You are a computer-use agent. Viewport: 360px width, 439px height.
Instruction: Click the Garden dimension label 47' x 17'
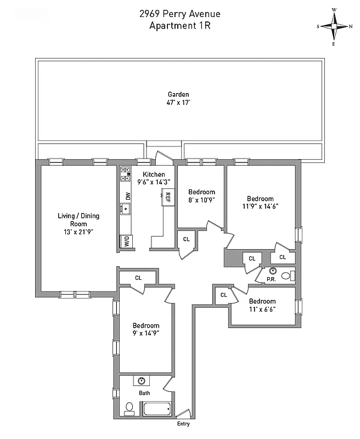click(x=178, y=102)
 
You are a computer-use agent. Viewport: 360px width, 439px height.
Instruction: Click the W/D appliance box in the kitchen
click(x=126, y=241)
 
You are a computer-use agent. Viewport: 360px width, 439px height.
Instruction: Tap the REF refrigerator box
click(x=167, y=196)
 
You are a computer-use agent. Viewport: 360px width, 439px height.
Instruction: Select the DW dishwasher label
click(x=127, y=195)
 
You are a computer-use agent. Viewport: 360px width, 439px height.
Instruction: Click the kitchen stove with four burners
click(x=125, y=173)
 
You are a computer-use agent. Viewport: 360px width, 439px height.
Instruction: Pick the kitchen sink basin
click(x=125, y=209)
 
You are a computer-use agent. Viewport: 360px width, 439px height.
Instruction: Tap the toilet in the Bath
click(x=130, y=408)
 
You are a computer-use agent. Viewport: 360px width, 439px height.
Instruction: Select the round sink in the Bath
click(x=143, y=381)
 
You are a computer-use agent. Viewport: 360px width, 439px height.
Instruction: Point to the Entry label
click(x=183, y=424)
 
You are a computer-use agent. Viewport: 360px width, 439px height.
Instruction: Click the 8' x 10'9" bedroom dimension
click(x=201, y=200)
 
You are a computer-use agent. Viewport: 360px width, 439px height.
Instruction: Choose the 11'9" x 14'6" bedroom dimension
click(x=260, y=207)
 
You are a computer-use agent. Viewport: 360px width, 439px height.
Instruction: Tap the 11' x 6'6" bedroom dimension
click(x=262, y=309)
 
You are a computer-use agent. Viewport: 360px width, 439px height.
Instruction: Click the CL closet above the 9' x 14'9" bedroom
click(x=138, y=278)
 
